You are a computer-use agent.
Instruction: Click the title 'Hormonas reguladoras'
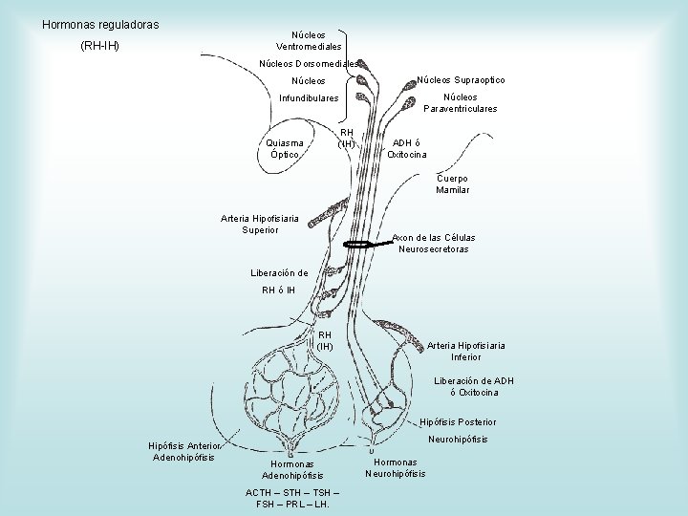100,23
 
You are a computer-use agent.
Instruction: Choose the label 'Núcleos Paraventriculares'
467,103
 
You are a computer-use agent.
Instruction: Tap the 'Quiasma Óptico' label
287,148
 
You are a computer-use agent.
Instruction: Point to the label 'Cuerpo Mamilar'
452,183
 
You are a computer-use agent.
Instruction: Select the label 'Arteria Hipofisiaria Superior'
260,224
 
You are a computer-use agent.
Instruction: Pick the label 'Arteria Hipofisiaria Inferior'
465,351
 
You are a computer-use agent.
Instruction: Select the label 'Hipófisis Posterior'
458,421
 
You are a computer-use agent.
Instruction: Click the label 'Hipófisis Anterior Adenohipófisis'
184,451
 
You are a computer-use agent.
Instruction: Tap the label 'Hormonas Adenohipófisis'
292,469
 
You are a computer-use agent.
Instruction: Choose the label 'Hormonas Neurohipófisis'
396,467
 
